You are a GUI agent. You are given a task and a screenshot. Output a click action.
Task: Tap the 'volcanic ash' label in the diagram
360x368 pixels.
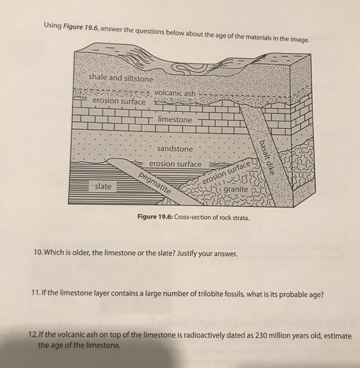pos(175,94)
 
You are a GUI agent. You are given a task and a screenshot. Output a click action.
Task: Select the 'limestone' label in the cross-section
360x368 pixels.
pos(175,120)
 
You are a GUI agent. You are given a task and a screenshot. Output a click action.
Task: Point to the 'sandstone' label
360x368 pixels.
pos(175,149)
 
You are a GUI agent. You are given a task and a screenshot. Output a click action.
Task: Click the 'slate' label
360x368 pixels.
pos(103,187)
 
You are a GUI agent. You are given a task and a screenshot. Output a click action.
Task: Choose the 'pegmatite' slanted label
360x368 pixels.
pos(156,182)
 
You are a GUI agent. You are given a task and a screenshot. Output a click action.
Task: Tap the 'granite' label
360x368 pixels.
pos(235,189)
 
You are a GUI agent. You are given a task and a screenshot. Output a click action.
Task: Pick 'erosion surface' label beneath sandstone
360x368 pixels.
pos(175,164)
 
